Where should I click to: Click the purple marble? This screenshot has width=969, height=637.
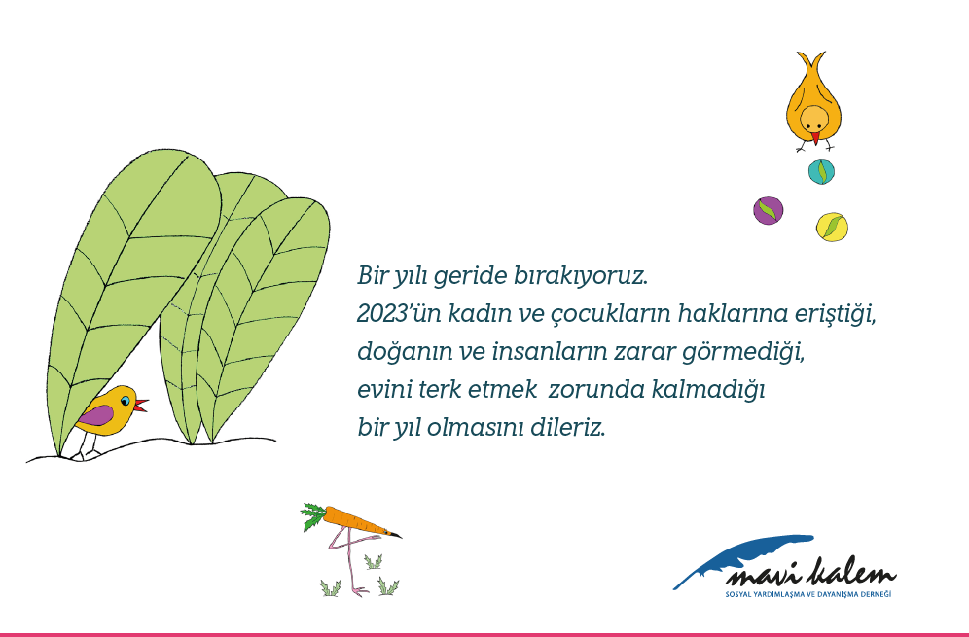pyautogui.click(x=769, y=211)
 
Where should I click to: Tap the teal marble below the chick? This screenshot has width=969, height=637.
pyautogui.click(x=821, y=171)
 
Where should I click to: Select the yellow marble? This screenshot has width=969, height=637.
pyautogui.click(x=832, y=227)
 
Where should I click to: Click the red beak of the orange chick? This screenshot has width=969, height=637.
pyautogui.click(x=815, y=138)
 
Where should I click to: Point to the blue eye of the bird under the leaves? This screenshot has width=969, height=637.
pyautogui.click(x=126, y=401)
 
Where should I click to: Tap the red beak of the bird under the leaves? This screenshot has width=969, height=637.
pyautogui.click(x=141, y=405)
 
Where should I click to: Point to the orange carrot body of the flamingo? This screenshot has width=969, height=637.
pyautogui.click(x=358, y=522)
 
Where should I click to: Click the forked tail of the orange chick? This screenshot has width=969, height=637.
pyautogui.click(x=810, y=60)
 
